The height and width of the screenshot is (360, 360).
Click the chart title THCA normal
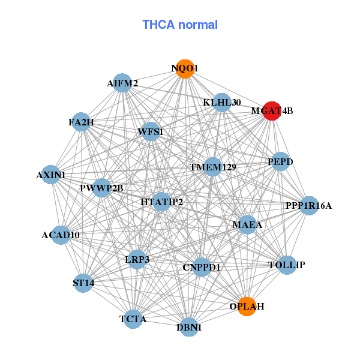click(180, 25)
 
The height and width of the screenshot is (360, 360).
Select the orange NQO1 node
click(185, 69)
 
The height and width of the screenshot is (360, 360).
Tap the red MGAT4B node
click(271, 111)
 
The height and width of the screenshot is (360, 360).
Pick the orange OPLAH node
click(247, 306)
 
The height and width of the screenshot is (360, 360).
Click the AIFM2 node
click(122, 83)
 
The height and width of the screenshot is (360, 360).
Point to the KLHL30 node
click(221, 103)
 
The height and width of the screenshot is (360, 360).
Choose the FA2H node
click(82, 122)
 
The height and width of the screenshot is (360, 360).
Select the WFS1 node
click(150, 131)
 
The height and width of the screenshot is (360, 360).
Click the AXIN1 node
click(51, 175)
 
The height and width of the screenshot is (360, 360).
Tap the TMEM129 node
click(212, 166)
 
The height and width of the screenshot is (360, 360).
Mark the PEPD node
click(280, 161)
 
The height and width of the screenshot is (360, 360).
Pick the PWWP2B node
click(101, 188)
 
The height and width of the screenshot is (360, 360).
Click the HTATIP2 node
click(161, 202)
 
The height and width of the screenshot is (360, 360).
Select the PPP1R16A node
click(308, 206)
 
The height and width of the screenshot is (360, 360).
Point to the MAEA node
click(247, 225)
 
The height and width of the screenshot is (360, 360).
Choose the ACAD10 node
click(61, 235)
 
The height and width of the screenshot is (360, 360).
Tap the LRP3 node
click(137, 259)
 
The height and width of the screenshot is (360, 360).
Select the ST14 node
click(83, 283)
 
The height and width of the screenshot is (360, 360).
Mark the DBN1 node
click(189, 327)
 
